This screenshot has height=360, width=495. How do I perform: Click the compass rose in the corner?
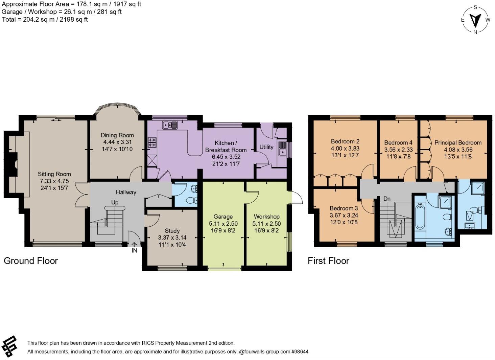tap(475, 20)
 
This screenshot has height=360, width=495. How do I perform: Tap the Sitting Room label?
tap(54, 174)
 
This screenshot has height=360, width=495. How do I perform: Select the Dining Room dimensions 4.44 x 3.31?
tap(117, 142)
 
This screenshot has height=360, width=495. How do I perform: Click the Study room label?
tap(172, 231)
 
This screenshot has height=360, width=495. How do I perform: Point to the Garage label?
tap(223, 217)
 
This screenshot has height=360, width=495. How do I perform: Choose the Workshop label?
tap(266, 217)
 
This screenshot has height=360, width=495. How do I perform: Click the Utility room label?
tap(266, 147)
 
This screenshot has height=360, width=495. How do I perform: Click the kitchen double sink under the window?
tap(170, 125)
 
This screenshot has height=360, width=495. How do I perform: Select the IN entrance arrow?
tap(134, 244)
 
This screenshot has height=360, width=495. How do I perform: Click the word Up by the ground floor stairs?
tap(115, 202)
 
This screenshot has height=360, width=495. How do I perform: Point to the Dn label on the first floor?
tap(387, 199)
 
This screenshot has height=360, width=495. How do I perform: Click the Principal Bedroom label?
tap(458, 142)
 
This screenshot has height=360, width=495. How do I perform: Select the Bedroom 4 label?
tap(398, 142)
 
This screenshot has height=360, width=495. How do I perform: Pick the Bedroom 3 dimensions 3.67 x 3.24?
tap(344, 215)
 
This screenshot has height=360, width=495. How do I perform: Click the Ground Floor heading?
tap(31, 261)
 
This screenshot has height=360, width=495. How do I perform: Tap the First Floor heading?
tap(328, 261)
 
